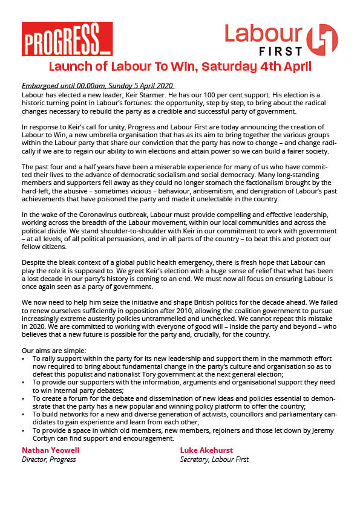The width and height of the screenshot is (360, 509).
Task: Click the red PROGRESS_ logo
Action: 67,40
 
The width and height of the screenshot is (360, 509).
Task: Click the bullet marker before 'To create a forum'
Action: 24,399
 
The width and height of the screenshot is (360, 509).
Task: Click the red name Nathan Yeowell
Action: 51,450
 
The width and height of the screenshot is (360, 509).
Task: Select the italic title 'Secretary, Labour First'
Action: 214,459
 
